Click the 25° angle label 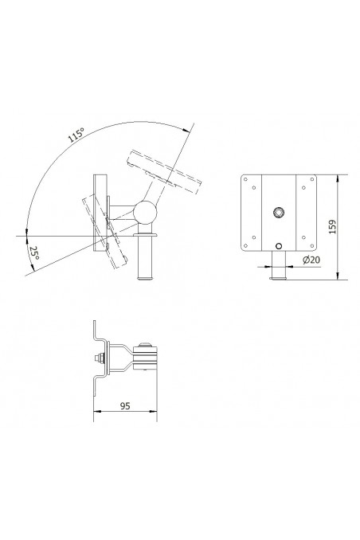[x=34, y=255]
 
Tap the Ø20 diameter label [x=311, y=260]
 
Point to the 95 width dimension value [x=125, y=405]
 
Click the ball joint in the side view [x=146, y=212]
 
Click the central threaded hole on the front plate [x=279, y=213]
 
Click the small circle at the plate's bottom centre [x=279, y=246]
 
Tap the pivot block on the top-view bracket [x=148, y=356]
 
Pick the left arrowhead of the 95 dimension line [x=97, y=413]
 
